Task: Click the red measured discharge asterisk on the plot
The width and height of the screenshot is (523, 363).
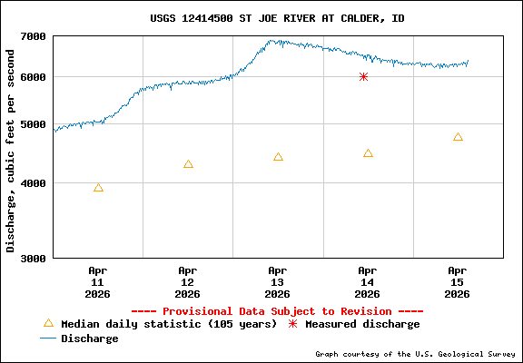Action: (x=363, y=77)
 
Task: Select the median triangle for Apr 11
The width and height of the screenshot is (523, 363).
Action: (x=98, y=188)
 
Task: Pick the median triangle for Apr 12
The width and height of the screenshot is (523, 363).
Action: (x=188, y=164)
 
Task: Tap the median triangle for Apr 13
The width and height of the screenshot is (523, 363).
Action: (x=278, y=157)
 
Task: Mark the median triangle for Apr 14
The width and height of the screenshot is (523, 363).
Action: (x=368, y=153)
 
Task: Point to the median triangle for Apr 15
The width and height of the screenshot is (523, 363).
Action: (x=458, y=137)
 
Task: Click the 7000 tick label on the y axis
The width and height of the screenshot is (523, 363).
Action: (x=33, y=36)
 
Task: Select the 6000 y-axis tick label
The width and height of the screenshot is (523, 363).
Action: (x=33, y=77)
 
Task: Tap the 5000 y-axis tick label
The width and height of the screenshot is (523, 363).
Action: (x=33, y=125)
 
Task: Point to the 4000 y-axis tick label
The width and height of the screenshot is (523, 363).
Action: (x=33, y=183)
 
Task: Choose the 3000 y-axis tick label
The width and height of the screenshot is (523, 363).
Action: (x=33, y=259)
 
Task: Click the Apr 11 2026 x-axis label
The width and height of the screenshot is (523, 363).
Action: (x=98, y=282)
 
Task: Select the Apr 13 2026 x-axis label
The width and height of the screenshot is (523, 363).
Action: (x=278, y=282)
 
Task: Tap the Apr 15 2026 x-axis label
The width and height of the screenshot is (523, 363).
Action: (x=458, y=282)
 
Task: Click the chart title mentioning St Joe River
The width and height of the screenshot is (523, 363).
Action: (x=278, y=18)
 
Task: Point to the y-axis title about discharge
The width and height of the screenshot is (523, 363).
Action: (x=11, y=150)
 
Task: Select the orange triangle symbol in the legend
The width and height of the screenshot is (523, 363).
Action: (x=48, y=323)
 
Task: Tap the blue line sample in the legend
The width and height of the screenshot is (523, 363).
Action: (x=48, y=338)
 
